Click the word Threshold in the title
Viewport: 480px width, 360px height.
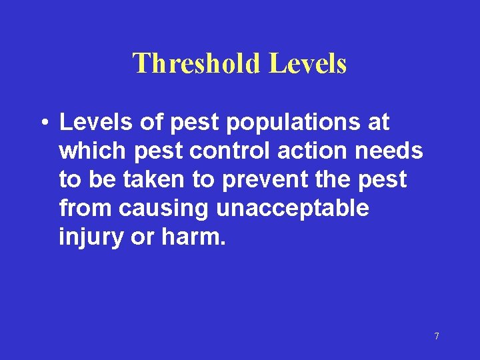tap(197, 63)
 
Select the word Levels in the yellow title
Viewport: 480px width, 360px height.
tap(307, 63)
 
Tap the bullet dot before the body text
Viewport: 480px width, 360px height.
tap(43, 123)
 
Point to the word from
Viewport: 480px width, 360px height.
tap(85, 209)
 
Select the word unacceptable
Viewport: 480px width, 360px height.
tap(292, 209)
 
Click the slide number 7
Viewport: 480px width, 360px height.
tap(437, 336)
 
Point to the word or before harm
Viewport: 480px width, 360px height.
tap(142, 238)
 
